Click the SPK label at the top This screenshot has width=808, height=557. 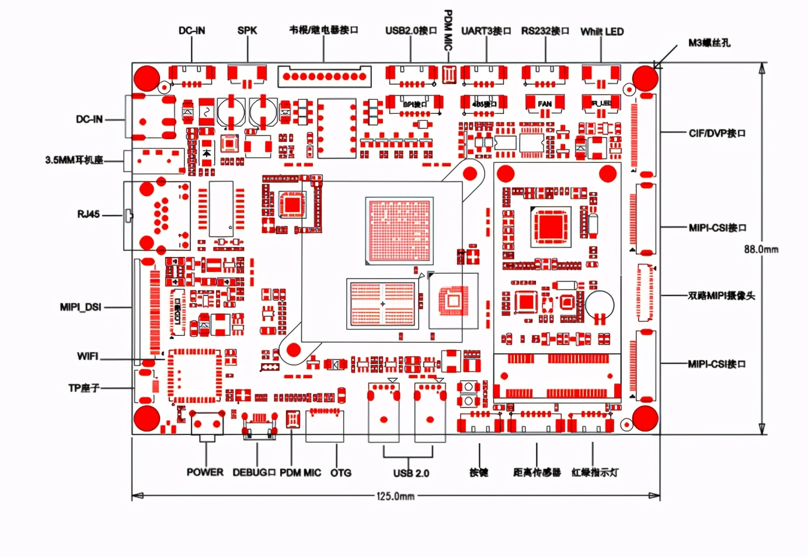247,30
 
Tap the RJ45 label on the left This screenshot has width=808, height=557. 88,214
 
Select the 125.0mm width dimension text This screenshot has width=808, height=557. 395,496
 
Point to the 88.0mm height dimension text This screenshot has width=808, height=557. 761,249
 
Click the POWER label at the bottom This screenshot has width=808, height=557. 205,472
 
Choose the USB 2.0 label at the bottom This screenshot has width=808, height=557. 411,473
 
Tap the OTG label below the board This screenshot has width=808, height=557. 341,473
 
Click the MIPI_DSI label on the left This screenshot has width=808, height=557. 81,307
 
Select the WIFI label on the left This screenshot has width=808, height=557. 88,356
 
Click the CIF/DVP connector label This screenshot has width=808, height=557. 717,133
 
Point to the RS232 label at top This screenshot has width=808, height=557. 545,31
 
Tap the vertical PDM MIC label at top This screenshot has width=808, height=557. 448,29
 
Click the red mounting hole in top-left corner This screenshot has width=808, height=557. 147,78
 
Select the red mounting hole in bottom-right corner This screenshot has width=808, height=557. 645,419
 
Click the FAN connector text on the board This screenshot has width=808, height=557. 545,104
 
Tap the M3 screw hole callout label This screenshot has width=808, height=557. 709,43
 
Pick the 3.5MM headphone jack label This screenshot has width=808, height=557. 74,160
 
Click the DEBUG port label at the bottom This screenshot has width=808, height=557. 254,472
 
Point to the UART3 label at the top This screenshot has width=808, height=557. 486,31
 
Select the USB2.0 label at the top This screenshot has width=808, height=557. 411,30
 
